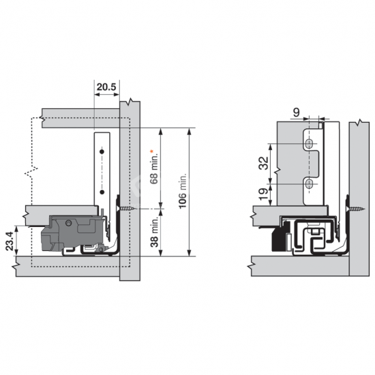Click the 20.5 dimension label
pyautogui.click(x=106, y=87)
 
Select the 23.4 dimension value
pyautogui.click(x=10, y=241)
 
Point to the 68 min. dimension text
pyautogui.click(x=154, y=168)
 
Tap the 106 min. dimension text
pyautogui.click(x=183, y=192)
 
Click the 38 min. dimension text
pyautogui.click(x=154, y=232)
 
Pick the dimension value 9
pyautogui.click(x=296, y=112)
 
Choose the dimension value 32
pyautogui.click(x=264, y=163)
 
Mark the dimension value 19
pyautogui.click(x=264, y=194)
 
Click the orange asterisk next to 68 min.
pyautogui.click(x=151, y=151)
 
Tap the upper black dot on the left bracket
pyautogui.click(x=102, y=151)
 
